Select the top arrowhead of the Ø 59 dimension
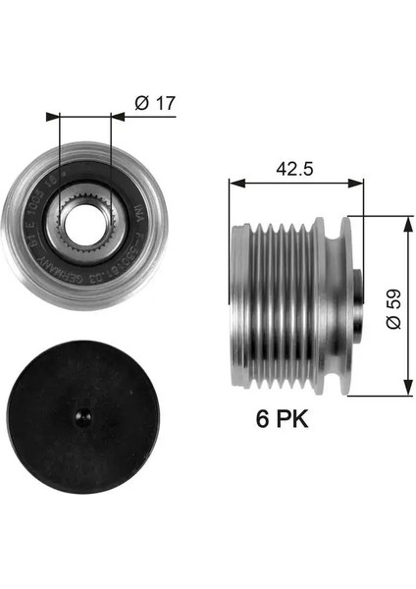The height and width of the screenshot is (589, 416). coord(407,219)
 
